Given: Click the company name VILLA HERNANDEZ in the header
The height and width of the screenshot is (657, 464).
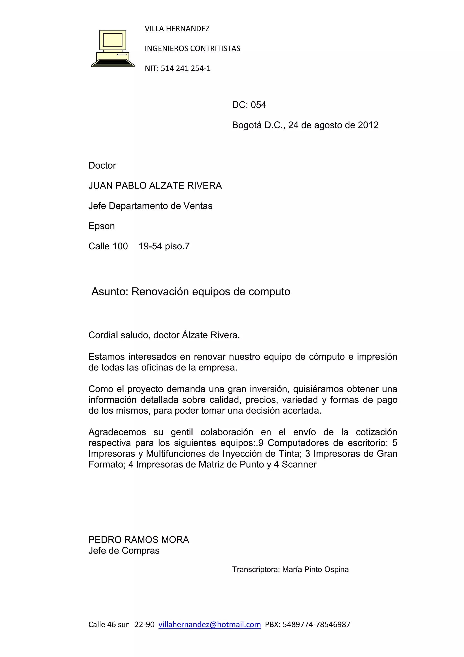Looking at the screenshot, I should [x=177, y=29].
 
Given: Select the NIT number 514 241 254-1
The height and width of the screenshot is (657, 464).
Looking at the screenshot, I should [x=186, y=68].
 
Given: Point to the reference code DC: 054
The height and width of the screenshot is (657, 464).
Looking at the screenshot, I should [x=249, y=105].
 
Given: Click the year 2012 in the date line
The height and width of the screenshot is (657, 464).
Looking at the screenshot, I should [x=368, y=125].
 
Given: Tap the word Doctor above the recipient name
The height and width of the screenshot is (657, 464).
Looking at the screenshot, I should [x=102, y=165].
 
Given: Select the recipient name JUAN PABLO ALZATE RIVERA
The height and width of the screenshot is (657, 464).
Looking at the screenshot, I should [x=155, y=186].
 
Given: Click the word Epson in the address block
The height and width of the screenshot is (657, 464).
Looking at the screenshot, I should [x=101, y=226].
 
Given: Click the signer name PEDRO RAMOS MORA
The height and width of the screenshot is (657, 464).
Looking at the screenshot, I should [x=139, y=540].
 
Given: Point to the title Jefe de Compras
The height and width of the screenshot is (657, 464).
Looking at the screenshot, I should [x=124, y=551].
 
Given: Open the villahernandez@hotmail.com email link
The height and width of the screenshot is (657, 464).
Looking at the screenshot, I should [x=209, y=624].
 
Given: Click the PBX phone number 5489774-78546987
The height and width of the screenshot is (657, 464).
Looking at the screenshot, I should [x=316, y=624].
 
